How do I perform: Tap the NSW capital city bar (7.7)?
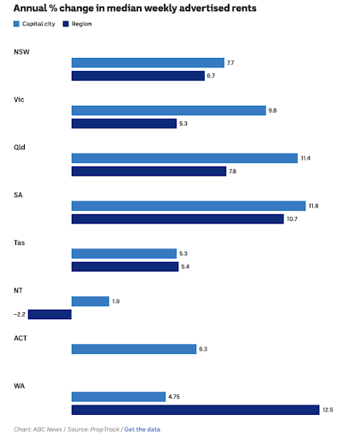coord(148,63)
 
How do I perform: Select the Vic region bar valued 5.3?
coord(123,124)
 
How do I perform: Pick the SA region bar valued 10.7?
coord(177,219)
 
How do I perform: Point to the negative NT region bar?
coord(49,314)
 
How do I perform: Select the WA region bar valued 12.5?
coord(195,410)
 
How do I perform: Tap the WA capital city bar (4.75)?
coord(118,397)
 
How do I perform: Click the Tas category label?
coord(20,242)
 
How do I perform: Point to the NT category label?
coord(19,290)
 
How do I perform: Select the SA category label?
coord(19,195)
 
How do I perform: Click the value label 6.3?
coord(203,349)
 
